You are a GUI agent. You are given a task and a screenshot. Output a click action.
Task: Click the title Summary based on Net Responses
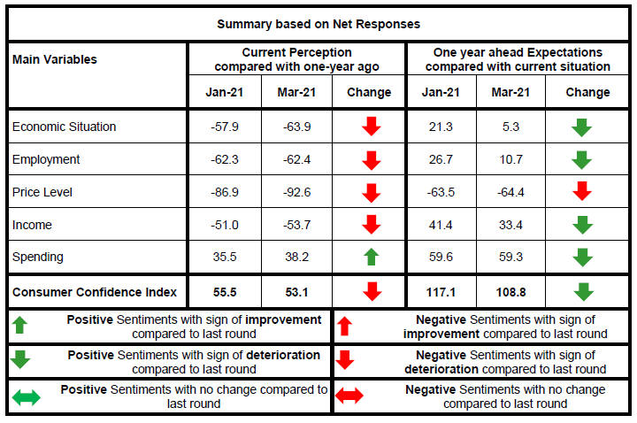point(318,24)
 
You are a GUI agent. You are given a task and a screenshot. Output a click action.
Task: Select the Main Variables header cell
point(55,59)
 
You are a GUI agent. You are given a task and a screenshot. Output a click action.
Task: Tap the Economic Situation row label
point(64,127)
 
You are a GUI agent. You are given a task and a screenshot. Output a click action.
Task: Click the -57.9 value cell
point(223,127)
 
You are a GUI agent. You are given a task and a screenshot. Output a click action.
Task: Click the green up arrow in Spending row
point(371,258)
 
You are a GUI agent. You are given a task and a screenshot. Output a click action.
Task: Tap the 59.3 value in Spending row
point(510,258)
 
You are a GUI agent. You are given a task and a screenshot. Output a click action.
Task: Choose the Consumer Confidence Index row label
point(95,292)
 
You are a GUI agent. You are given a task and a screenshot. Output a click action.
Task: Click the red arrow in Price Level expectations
point(580,193)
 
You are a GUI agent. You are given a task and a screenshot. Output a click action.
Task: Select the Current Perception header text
point(296,59)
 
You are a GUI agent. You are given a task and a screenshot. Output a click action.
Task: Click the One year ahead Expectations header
point(519,59)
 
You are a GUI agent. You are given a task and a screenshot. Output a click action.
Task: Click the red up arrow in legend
point(345,327)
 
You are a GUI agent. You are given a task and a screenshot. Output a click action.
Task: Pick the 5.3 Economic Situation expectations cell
point(510,127)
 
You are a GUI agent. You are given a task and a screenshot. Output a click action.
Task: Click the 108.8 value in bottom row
point(510,292)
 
